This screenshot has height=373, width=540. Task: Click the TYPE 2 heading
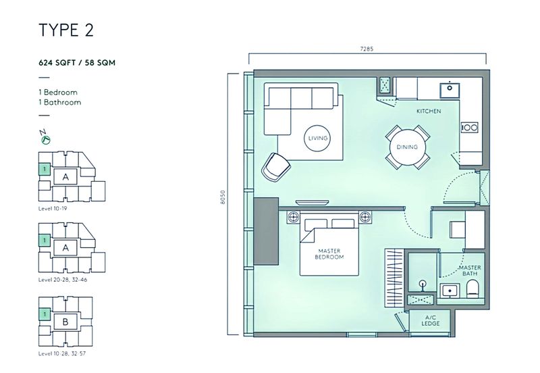tap(65, 31)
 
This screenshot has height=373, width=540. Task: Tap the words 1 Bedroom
tap(58, 92)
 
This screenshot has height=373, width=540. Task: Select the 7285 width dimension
tap(367, 48)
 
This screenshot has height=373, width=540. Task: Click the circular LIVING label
tap(318, 139)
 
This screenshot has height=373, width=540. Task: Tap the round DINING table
tap(407, 147)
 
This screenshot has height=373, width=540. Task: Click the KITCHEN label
tap(429, 111)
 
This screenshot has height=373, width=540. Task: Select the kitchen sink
tap(448, 89)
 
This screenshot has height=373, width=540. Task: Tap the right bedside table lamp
tap(366, 218)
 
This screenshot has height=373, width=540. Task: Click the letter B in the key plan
tap(65, 322)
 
